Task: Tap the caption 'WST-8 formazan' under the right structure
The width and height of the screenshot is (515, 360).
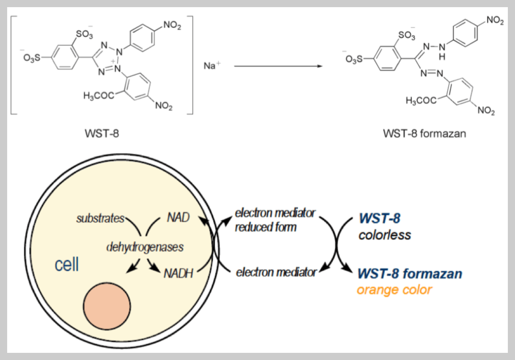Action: tap(424, 134)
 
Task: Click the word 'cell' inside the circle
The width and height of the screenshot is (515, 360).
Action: tap(67, 265)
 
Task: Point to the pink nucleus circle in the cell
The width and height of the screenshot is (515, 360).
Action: tap(107, 303)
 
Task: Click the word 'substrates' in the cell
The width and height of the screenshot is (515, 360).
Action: tap(100, 219)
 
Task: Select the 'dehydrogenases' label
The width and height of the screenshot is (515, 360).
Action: tap(144, 247)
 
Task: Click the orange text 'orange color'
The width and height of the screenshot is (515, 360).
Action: tap(394, 290)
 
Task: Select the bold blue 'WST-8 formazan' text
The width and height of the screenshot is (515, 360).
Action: tap(409, 274)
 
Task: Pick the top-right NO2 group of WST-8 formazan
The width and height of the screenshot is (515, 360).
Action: tap(494, 21)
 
